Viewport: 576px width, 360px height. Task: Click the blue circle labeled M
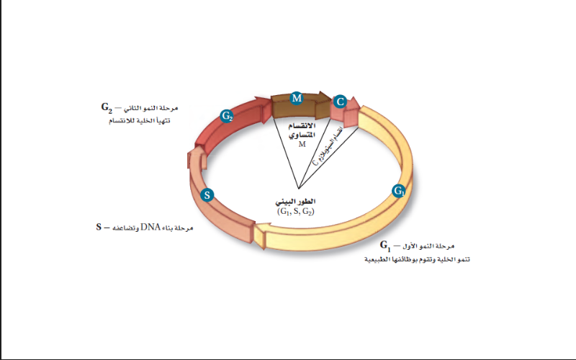click(297, 97)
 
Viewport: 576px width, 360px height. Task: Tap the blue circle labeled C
click(341, 102)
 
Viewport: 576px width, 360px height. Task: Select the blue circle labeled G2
click(227, 115)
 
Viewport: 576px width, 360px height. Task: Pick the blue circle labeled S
click(207, 194)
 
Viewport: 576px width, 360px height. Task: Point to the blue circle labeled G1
click(399, 191)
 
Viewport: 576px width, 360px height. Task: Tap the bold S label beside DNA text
click(99, 228)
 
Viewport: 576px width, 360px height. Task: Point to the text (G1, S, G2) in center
click(297, 212)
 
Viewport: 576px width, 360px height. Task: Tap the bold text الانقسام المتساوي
click(302, 130)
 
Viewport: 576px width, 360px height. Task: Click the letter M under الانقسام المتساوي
click(302, 144)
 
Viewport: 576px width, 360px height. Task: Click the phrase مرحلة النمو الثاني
click(148, 109)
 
